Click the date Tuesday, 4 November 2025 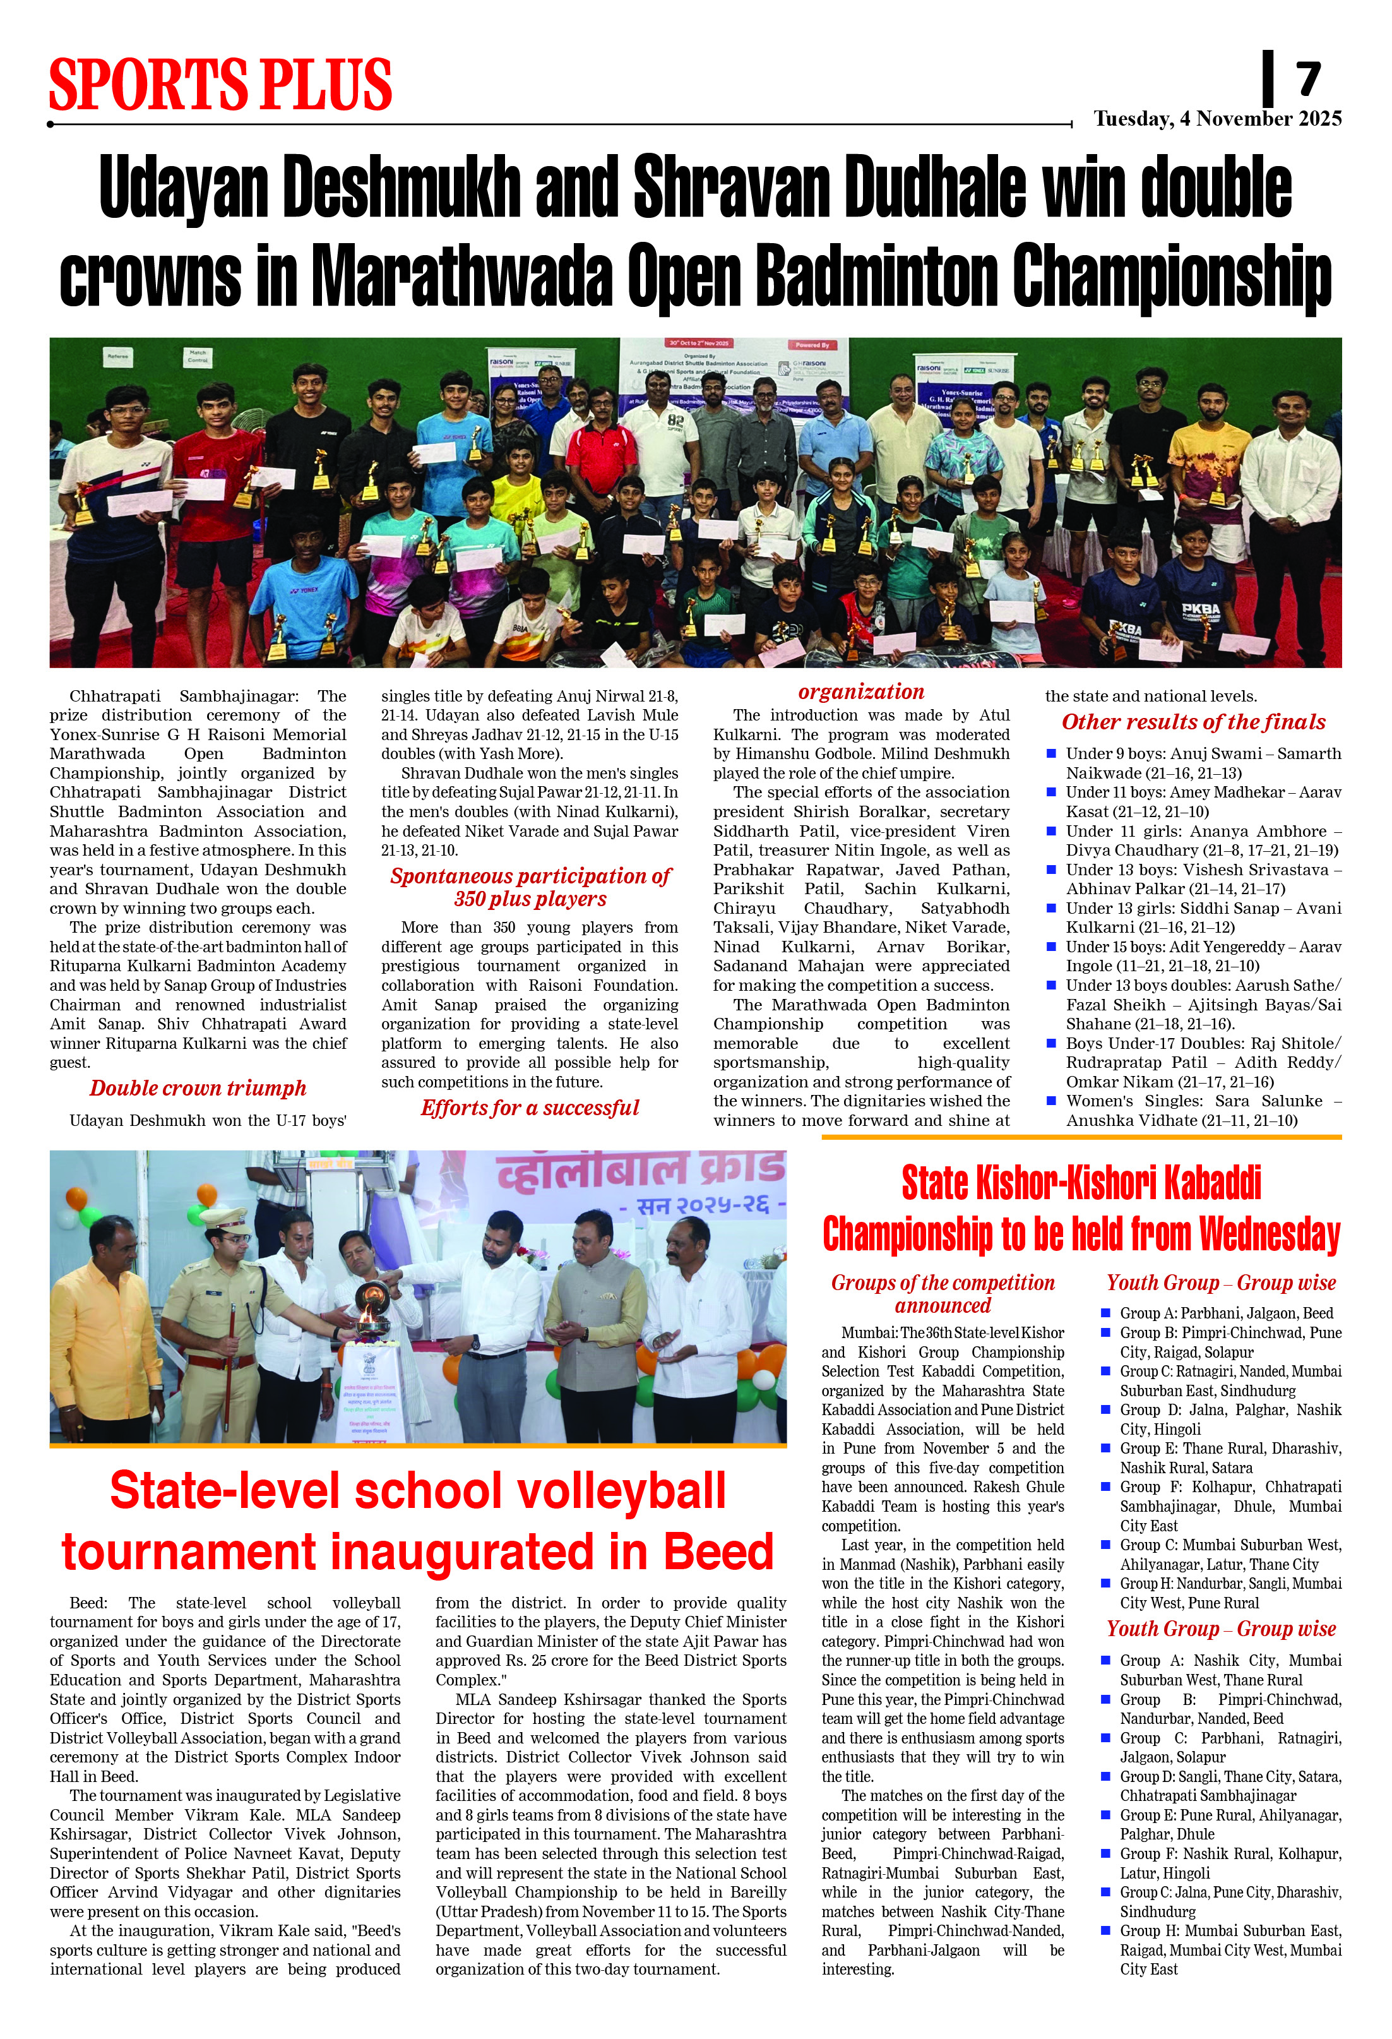[1217, 119]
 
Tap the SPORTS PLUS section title [220, 84]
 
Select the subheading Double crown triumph [198, 1088]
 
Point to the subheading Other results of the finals [1193, 721]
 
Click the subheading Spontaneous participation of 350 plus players [530, 887]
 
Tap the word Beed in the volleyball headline [718, 1552]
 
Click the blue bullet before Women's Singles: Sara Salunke [1051, 1100]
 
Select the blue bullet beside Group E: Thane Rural [1105, 1448]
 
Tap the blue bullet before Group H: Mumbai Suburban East [1105, 1930]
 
